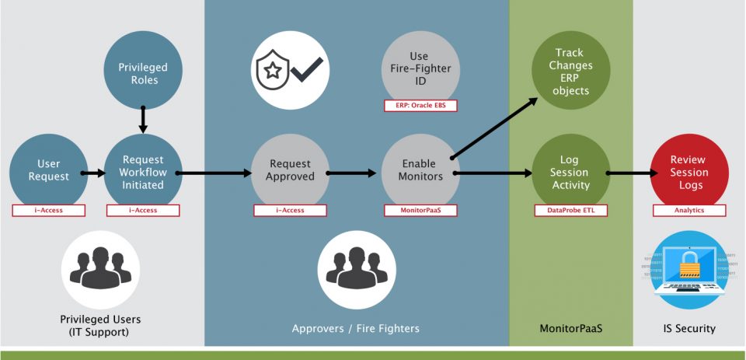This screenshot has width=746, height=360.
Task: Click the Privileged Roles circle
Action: [143, 74]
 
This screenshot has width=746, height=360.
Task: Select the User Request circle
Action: [49, 170]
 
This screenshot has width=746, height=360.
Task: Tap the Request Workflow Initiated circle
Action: [143, 171]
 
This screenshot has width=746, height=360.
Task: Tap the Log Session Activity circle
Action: [570, 172]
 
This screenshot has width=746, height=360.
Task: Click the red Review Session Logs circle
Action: [689, 172]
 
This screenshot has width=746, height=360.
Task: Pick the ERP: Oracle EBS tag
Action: [420, 106]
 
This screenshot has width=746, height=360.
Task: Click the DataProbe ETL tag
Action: [570, 210]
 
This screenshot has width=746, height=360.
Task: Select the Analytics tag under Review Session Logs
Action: [689, 210]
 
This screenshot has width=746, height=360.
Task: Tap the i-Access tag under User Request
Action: [49, 210]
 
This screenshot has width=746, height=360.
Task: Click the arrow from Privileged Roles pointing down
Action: [143, 118]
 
